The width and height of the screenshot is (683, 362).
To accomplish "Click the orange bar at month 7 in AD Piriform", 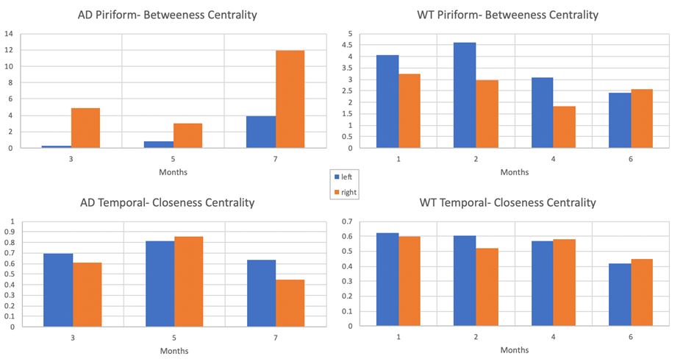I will (290, 99).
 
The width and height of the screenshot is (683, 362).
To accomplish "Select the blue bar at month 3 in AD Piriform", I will (57, 146).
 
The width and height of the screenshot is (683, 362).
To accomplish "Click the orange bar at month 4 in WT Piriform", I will (565, 127).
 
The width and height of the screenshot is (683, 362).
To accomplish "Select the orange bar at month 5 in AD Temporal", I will (187, 281).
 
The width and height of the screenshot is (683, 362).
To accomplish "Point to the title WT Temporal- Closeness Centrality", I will (507, 202).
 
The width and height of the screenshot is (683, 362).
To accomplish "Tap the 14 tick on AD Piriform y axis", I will (9, 34).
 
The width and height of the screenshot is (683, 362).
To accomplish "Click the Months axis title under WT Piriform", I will (514, 172).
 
